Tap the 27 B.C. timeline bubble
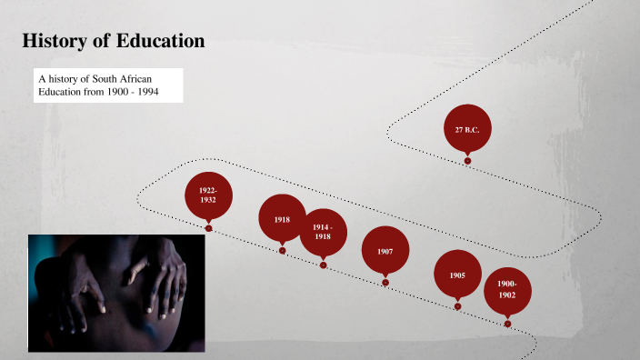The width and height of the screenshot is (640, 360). pyautogui.click(x=467, y=130)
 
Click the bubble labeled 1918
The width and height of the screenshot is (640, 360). pyautogui.click(x=282, y=219)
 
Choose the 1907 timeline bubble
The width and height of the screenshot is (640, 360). pyautogui.click(x=385, y=250)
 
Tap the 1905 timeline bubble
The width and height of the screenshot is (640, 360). pyautogui.click(x=457, y=274)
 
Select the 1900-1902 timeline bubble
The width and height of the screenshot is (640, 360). pyautogui.click(x=506, y=290)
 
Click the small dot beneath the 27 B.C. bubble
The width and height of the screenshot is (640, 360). pyautogui.click(x=467, y=161)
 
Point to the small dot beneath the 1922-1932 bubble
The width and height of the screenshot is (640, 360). pyautogui.click(x=208, y=228)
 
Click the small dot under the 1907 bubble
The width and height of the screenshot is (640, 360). pyautogui.click(x=385, y=283)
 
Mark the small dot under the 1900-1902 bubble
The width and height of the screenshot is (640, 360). pyautogui.click(x=507, y=324)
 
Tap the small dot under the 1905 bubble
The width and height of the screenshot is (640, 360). pyautogui.click(x=457, y=306)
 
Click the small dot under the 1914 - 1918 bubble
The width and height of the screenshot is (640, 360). pyautogui.click(x=323, y=265)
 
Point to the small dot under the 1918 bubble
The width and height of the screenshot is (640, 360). pyautogui.click(x=282, y=251)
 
